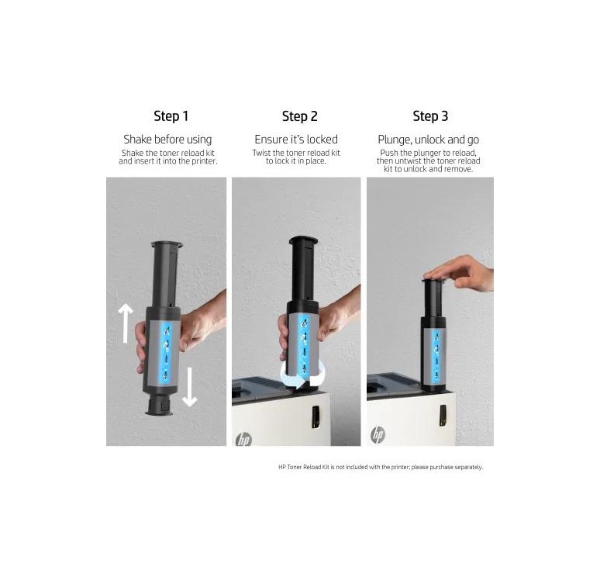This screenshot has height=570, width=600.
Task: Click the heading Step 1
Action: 171,116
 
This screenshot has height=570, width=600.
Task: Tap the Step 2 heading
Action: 300,116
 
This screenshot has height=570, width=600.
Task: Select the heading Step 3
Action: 430,116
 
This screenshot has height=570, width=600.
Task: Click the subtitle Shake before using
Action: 167,140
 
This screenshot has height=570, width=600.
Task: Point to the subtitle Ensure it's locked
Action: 296,140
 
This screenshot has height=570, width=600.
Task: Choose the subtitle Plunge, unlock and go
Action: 428,140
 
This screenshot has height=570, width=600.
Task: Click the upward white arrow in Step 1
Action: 125,323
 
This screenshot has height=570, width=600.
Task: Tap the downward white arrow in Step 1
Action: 189,387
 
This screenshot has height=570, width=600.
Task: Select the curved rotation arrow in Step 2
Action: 302,380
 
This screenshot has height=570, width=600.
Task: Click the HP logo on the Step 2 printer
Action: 243,440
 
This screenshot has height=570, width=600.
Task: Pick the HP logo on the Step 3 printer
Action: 378,435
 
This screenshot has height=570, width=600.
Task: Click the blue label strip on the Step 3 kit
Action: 436,354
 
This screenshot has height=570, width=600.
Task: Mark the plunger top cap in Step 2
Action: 303,240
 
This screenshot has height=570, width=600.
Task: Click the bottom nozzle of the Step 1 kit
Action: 160,405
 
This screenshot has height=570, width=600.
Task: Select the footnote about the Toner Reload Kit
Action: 381,467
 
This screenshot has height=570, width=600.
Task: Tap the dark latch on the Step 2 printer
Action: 316,416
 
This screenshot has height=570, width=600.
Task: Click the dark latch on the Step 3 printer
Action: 443,416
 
